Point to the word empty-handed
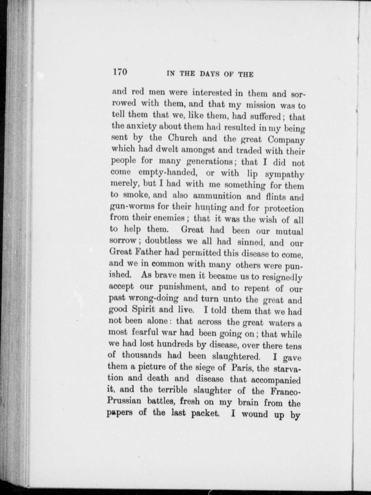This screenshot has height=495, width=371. (x=168, y=173)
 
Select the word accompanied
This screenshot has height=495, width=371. (x=276, y=380)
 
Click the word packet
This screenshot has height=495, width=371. (x=205, y=413)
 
